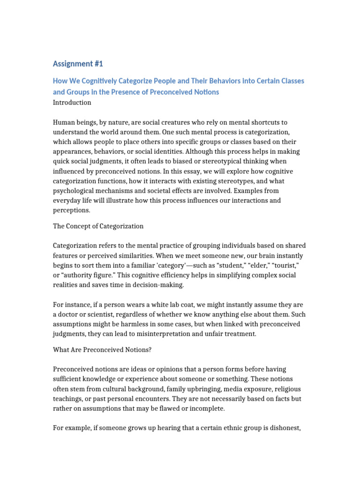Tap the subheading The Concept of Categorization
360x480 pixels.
pyautogui.click(x=98, y=226)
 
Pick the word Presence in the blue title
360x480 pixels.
pyautogui.click(x=129, y=92)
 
